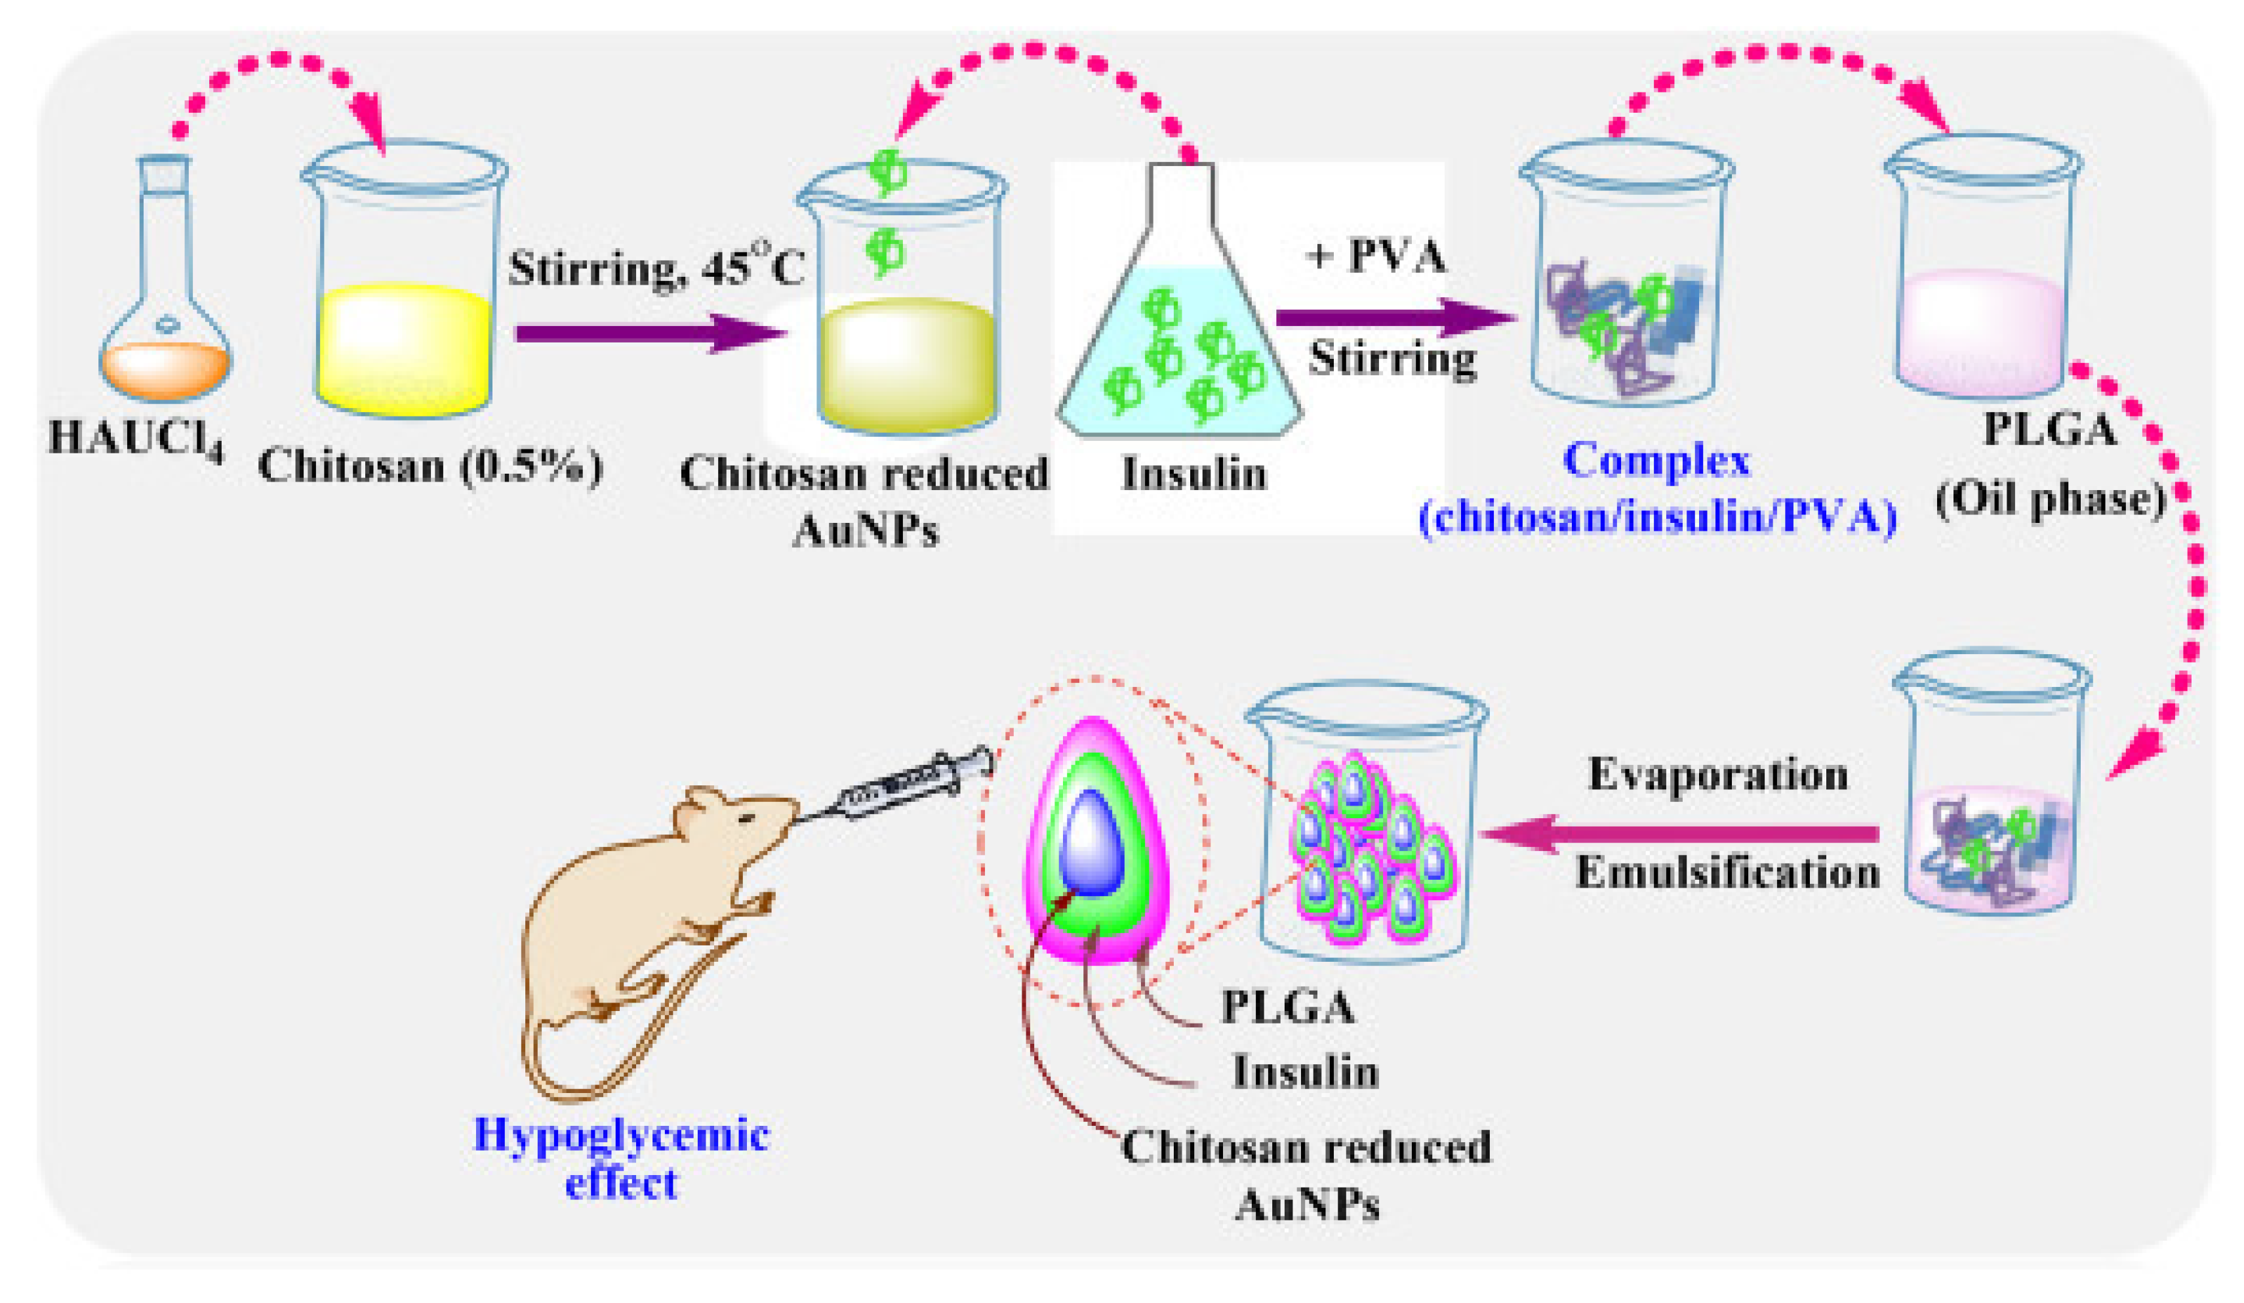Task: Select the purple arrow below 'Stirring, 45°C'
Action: pyautogui.click(x=650, y=333)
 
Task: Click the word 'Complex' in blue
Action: pyautogui.click(x=1656, y=461)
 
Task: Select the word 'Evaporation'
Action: pyautogui.click(x=1717, y=775)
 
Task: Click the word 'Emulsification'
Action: pyautogui.click(x=1727, y=871)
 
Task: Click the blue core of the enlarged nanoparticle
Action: pyautogui.click(x=1094, y=842)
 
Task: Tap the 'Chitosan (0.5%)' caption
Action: pyautogui.click(x=431, y=465)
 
